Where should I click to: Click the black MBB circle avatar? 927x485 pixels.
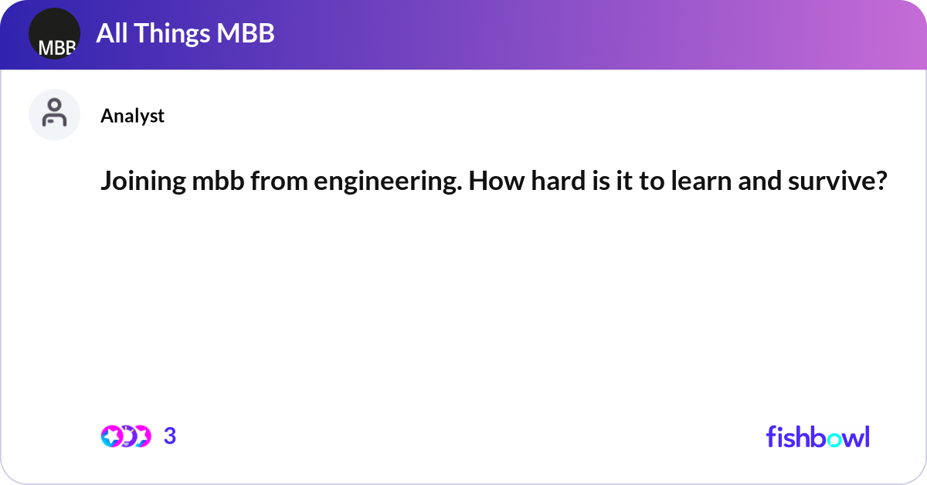tap(54, 33)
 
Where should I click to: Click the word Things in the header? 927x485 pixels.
tap(171, 34)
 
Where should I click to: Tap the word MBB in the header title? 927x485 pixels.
tap(246, 33)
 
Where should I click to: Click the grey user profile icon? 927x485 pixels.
tap(54, 114)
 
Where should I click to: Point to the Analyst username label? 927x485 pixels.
tap(132, 116)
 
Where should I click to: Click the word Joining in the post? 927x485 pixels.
tap(143, 181)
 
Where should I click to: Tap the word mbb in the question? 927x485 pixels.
tap(218, 181)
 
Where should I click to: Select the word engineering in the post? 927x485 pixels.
tap(388, 181)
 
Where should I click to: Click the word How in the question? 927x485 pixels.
tap(497, 181)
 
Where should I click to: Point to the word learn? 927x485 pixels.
tap(701, 181)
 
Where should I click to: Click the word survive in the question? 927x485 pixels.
tap(837, 181)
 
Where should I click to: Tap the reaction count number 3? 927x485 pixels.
tap(170, 436)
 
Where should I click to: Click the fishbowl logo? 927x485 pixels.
tap(818, 436)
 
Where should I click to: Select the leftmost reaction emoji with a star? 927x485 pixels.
tap(112, 436)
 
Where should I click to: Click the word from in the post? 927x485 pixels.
tap(280, 181)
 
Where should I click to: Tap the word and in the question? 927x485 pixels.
tap(760, 181)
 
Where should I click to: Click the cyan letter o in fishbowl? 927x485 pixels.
tap(834, 440)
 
